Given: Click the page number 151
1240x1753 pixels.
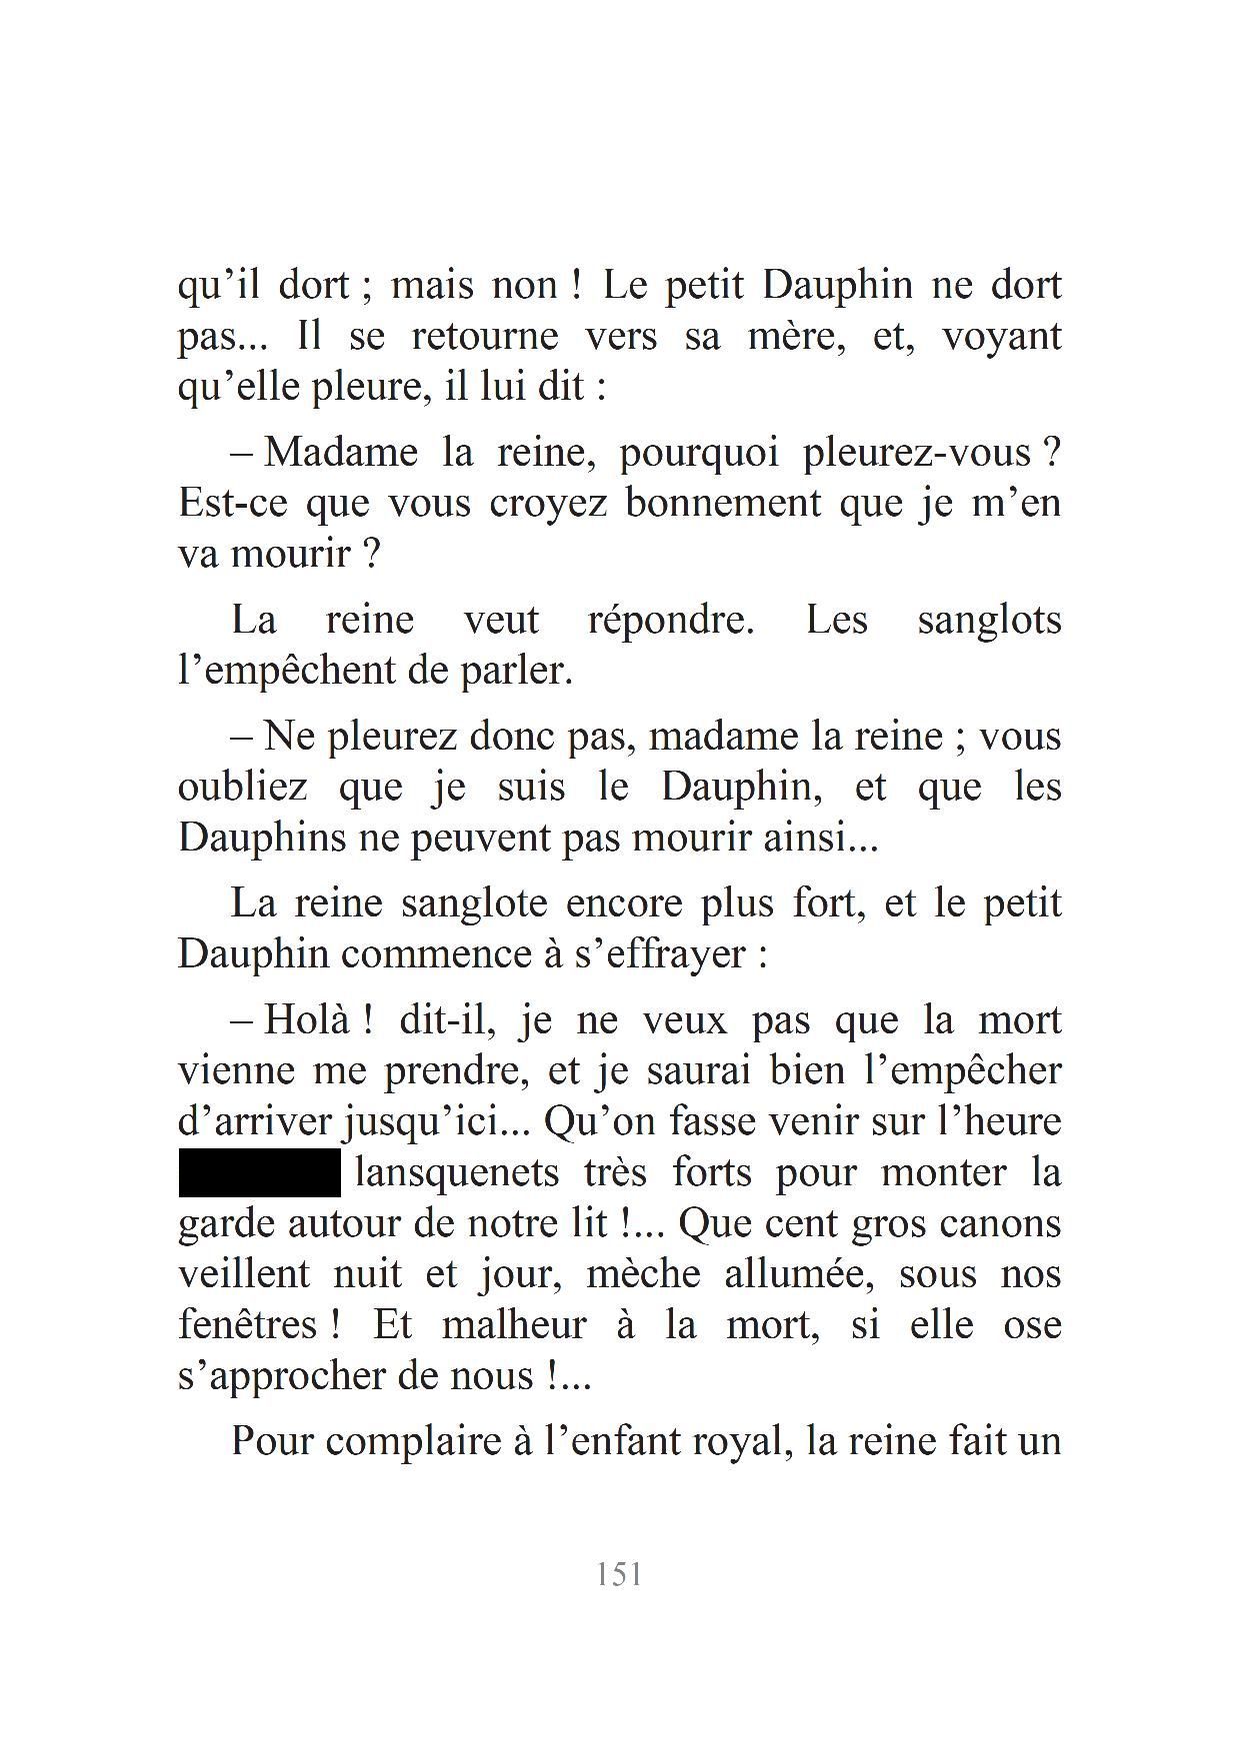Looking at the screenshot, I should [x=619, y=1575].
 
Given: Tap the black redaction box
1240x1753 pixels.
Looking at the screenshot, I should [x=260, y=1172].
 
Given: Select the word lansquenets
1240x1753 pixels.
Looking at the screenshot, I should [x=457, y=1172].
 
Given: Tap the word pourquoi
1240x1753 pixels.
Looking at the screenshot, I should [x=699, y=454].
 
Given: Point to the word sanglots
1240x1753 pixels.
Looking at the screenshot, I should [x=989, y=621].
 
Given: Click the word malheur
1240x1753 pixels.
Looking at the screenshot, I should [x=513, y=1325].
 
